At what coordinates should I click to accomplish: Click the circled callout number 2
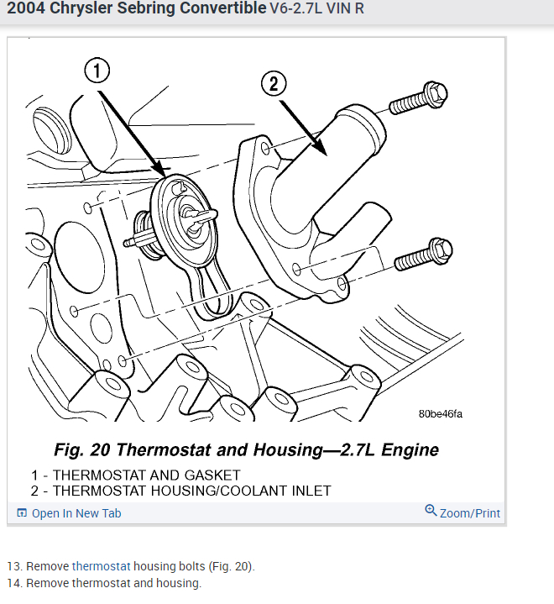coord(274,84)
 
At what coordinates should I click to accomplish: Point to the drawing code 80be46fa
coord(441,413)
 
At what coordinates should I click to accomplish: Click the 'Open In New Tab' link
coord(76,513)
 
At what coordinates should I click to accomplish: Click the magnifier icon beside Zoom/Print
coord(431,511)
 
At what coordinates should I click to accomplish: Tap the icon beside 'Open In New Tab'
coord(23,513)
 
